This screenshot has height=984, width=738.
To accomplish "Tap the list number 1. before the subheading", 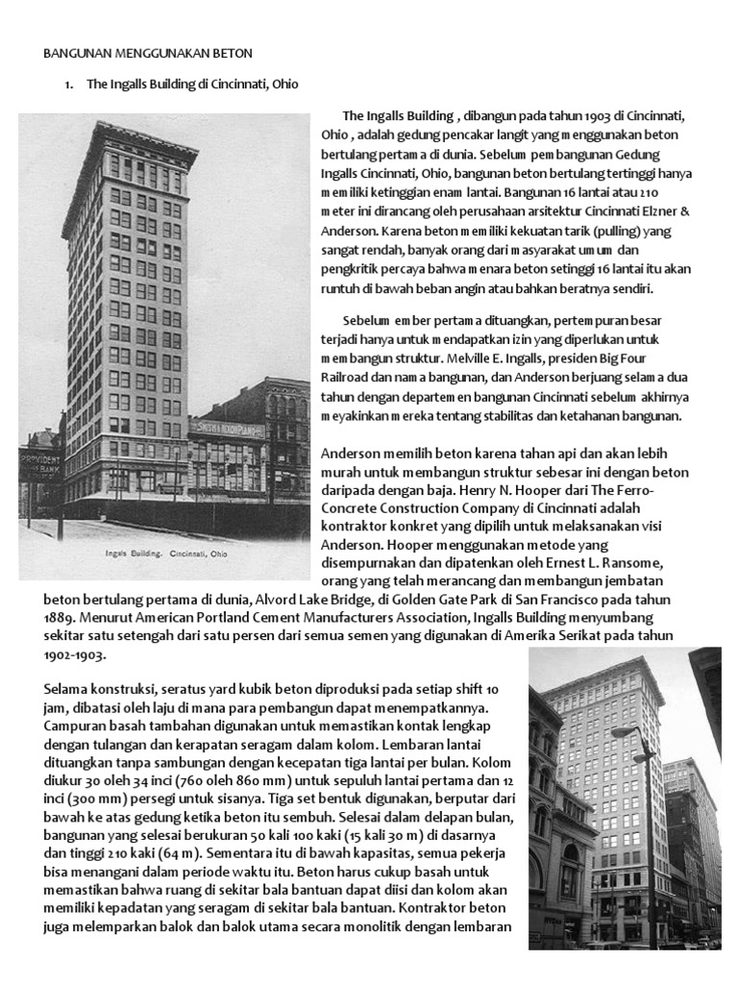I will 68,85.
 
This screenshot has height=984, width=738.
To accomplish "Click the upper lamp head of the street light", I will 623,732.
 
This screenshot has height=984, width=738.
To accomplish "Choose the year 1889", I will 63,618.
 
